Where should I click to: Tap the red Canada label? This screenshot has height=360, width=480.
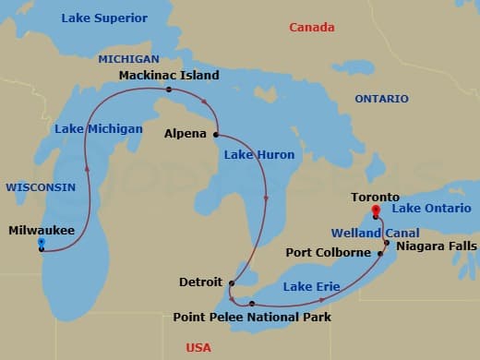(x=312, y=28)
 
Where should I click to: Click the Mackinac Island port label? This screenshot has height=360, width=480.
(x=169, y=74)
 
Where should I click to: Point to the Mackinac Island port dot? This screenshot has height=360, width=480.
(x=169, y=90)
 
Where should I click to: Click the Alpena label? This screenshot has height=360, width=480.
(x=186, y=133)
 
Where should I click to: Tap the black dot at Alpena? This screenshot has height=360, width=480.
(x=216, y=134)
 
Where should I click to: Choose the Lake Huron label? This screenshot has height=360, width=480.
(x=259, y=155)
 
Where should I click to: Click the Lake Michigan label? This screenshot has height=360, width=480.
(x=99, y=128)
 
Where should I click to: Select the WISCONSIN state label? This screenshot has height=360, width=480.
(x=41, y=186)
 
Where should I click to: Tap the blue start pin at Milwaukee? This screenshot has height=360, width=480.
(x=41, y=243)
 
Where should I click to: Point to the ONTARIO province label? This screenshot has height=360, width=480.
(x=382, y=98)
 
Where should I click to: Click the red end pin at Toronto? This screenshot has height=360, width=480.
(x=375, y=210)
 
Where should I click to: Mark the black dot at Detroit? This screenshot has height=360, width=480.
(x=232, y=283)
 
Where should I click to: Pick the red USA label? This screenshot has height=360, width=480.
(x=198, y=347)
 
